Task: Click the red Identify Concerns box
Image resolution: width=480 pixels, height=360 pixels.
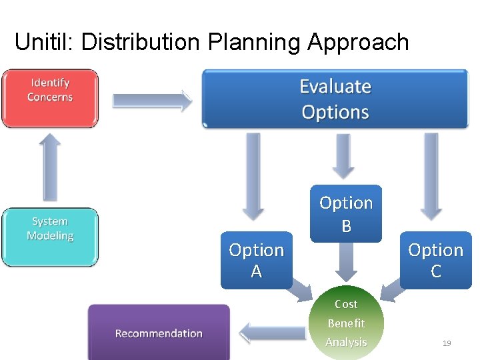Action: pos(50,98)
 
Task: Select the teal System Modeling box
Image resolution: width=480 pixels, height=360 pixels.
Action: pos(50,237)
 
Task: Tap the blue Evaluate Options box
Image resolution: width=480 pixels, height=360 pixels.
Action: pos(335,99)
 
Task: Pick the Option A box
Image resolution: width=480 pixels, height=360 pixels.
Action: pos(256,260)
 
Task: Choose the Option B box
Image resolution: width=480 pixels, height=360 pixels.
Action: pos(346,213)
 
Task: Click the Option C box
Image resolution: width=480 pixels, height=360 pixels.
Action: pos(435,260)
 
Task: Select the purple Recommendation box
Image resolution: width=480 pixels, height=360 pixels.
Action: pos(159,333)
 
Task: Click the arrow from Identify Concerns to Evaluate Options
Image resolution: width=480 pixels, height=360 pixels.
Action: pos(151,101)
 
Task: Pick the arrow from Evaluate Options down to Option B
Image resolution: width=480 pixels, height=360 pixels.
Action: pos(343,155)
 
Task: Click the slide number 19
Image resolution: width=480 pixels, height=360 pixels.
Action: pos(447,343)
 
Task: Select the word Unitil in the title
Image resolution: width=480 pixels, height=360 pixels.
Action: pos(44,43)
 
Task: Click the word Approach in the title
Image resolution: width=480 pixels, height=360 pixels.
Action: pos(358,43)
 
